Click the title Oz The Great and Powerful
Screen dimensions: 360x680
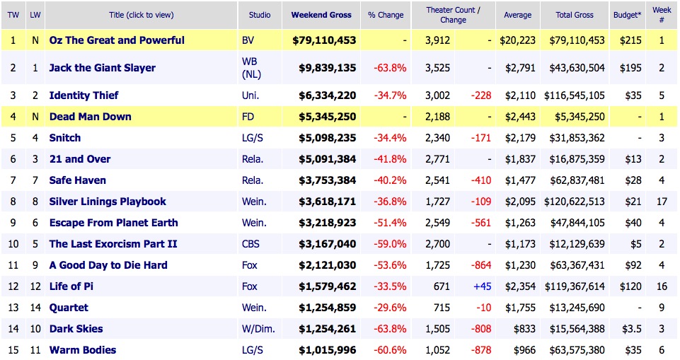pyautogui.click(x=117, y=40)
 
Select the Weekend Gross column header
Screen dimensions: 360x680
pyautogui.click(x=320, y=15)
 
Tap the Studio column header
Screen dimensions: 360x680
pyautogui.click(x=259, y=15)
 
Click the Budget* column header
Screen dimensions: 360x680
pyautogui.click(x=627, y=15)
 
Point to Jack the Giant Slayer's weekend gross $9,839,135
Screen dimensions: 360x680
pyautogui.click(x=324, y=68)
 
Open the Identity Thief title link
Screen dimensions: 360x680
pyautogui.click(x=83, y=95)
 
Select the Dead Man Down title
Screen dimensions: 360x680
pyautogui.click(x=90, y=117)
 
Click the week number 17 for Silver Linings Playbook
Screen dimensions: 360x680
pyautogui.click(x=662, y=202)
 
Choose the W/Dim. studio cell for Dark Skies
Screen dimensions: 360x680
pyautogui.click(x=258, y=329)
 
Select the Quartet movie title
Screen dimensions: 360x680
pyautogui.click(x=69, y=308)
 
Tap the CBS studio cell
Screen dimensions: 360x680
pyautogui.click(x=251, y=244)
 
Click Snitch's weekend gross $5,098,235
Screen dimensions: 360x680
pyautogui.click(x=324, y=138)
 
